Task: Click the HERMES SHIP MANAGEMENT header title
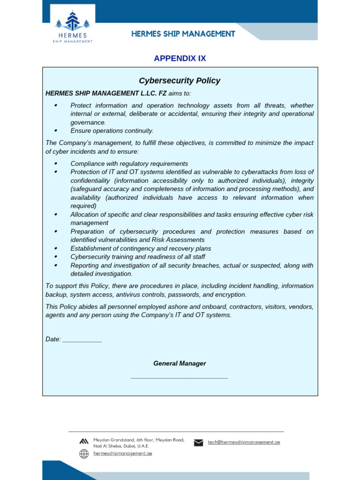183,34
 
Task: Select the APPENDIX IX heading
180,59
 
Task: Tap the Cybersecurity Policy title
180,81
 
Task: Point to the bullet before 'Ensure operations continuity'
56,131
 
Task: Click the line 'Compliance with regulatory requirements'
129,164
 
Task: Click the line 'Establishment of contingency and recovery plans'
141,248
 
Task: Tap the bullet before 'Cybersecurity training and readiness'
56,257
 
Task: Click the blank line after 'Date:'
82,339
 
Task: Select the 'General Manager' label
180,363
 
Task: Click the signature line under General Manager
179,377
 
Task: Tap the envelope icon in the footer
198,442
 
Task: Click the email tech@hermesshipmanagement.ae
244,442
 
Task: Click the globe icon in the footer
84,454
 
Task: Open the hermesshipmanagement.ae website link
123,453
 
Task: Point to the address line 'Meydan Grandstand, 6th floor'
139,440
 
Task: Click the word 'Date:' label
53,339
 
